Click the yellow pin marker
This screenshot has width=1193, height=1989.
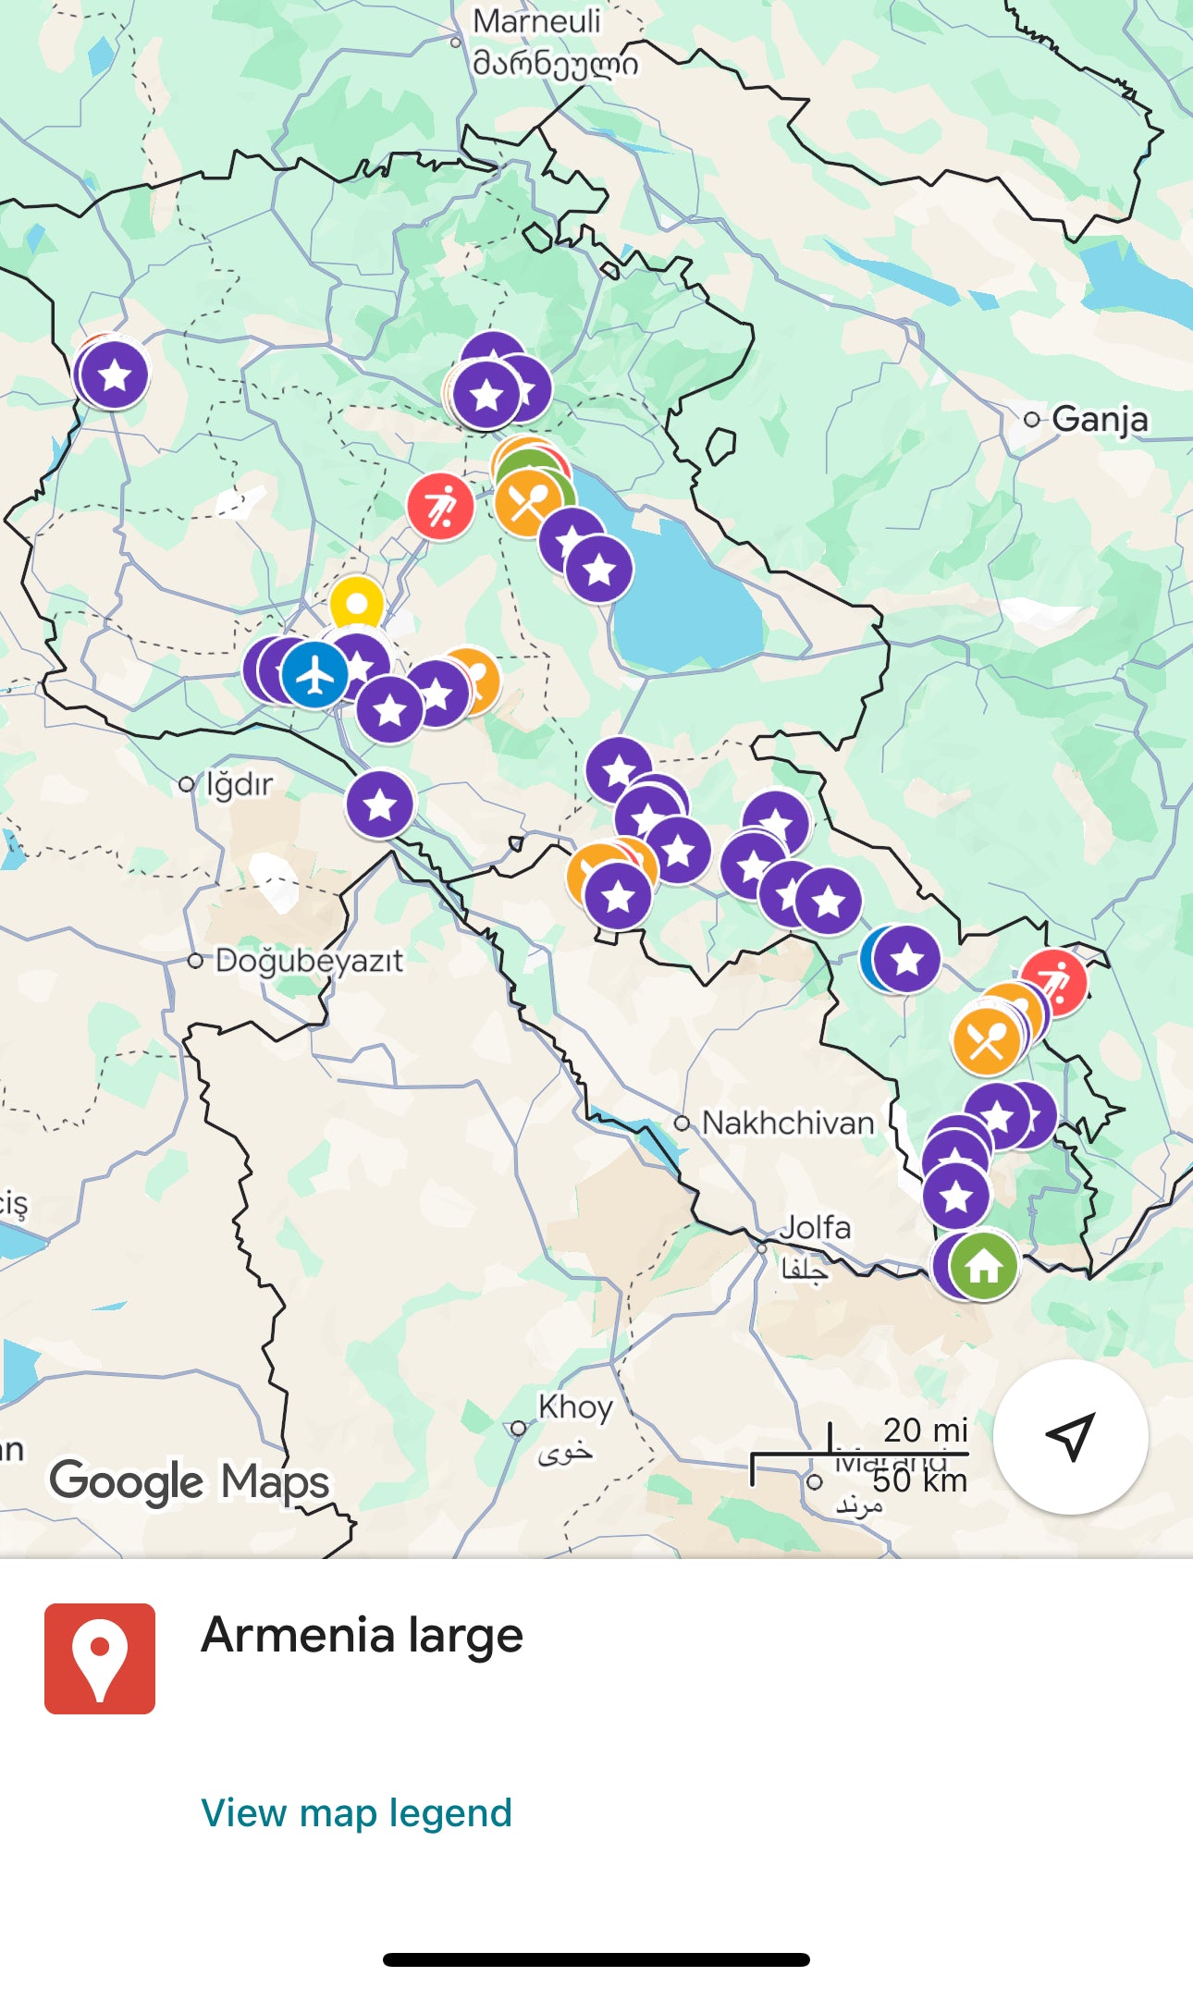coord(357,604)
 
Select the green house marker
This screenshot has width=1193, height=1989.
coord(984,1266)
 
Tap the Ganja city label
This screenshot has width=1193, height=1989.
coord(1099,419)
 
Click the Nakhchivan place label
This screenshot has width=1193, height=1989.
coord(787,1123)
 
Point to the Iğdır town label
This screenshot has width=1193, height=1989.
coord(238,784)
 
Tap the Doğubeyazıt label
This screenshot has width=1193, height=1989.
coord(309,961)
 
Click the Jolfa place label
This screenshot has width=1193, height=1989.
coord(814,1228)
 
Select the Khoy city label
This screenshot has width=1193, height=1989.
coord(575,1407)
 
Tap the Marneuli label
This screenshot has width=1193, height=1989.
coord(536,21)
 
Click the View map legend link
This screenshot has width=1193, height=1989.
coord(356,1813)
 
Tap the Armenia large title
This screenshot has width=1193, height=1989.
coord(362,1636)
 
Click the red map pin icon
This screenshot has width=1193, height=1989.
coord(100,1658)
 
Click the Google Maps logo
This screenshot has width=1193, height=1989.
coord(189,1481)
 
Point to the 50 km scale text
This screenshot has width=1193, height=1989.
coord(919,1481)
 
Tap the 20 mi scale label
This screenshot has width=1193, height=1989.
coord(925,1430)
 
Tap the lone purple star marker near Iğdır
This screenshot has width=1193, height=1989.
coord(380,804)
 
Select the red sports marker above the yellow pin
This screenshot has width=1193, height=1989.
coord(441,507)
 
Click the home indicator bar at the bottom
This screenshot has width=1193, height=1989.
coord(596,1959)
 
